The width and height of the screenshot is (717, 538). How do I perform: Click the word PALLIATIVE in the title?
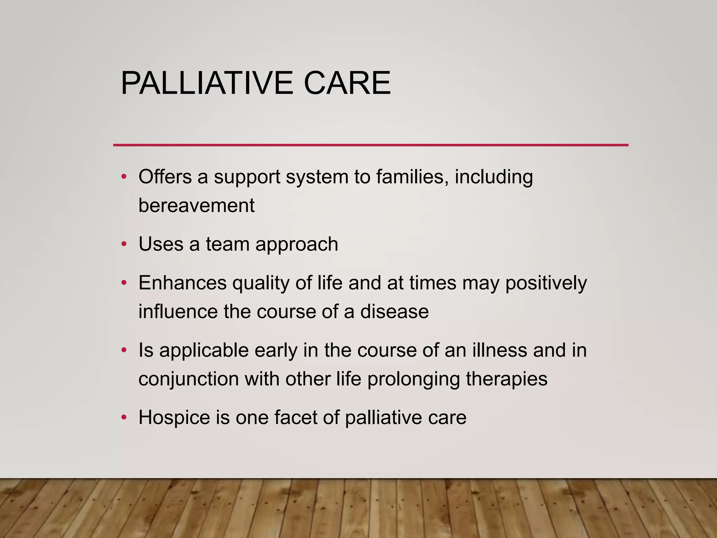tap(207, 83)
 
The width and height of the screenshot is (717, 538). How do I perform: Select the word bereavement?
tap(196, 205)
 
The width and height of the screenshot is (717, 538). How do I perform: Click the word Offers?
tap(165, 177)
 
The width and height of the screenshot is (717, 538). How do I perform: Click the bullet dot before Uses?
tap(124, 244)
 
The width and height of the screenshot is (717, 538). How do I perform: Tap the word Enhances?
tap(182, 283)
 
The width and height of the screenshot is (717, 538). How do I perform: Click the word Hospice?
tap(174, 418)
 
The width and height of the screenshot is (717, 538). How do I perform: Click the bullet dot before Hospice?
tap(124, 418)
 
